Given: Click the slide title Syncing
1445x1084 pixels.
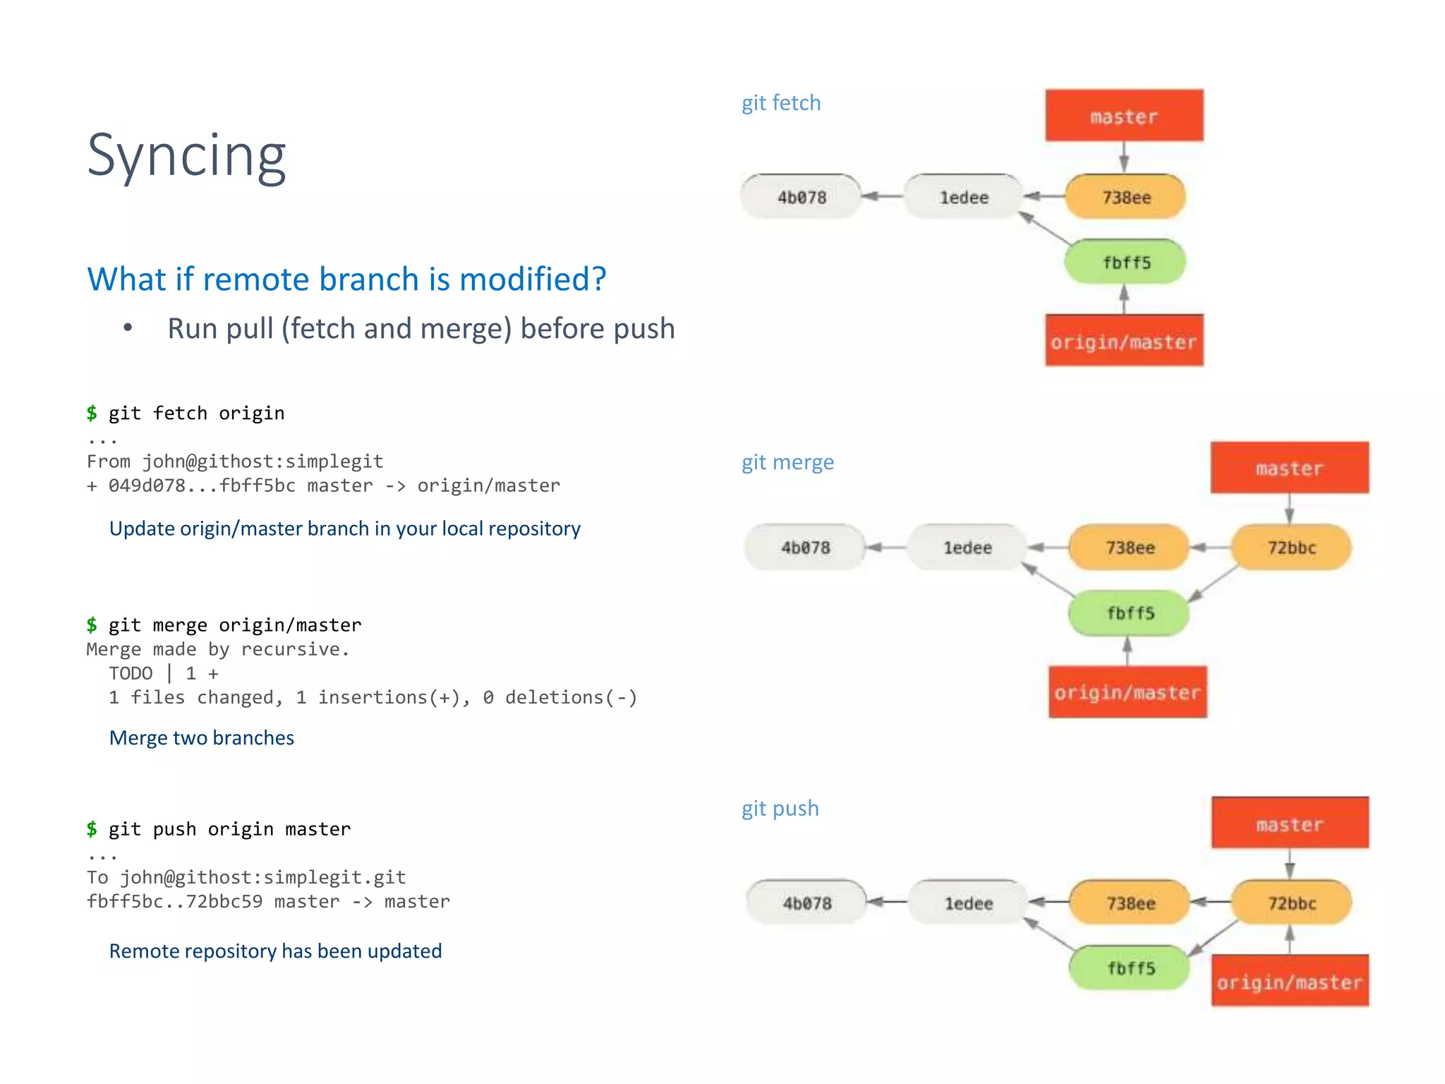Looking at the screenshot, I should tap(186, 156).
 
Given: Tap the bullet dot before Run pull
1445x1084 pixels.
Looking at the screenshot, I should tap(128, 327).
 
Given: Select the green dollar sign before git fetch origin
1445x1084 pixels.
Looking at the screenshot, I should tap(92, 413).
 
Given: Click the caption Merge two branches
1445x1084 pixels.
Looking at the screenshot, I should tap(202, 737).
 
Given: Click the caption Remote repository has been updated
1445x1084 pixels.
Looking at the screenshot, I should tap(275, 951).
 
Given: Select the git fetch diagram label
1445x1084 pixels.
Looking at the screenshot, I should tap(780, 103).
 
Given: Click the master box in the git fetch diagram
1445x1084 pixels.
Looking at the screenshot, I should tap(1124, 116).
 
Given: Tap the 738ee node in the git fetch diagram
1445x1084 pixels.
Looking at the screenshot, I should tap(1125, 197).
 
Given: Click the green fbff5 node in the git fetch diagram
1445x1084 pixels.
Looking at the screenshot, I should tap(1125, 263).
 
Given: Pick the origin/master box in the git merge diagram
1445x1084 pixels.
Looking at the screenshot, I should tap(1127, 692).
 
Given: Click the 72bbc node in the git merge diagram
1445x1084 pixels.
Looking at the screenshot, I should tap(1291, 548).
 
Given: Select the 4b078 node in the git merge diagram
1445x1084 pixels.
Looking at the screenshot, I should tap(805, 548).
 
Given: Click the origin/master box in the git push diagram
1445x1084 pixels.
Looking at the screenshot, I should tap(1290, 982).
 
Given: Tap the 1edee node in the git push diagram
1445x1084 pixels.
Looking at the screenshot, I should tap(968, 903).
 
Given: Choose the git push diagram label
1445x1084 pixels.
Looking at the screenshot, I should tap(780, 808).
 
